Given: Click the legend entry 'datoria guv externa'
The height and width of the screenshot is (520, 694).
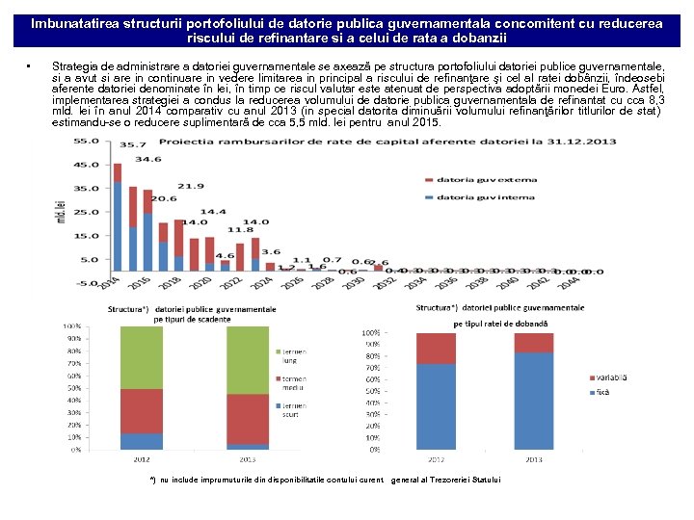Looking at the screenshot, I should click(x=472, y=179).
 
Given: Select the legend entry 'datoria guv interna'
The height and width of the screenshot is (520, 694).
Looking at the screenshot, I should click(x=472, y=197).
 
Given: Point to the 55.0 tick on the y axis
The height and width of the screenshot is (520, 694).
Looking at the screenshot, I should click(x=86, y=141).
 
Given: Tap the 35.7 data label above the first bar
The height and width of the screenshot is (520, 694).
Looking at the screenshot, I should click(x=119, y=145).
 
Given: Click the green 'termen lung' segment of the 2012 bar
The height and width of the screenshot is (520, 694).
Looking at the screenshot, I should click(x=141, y=357).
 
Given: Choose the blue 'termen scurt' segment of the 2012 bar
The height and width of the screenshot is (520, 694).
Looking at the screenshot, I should click(x=141, y=441).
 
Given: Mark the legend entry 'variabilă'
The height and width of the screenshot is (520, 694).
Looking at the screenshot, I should click(x=609, y=378).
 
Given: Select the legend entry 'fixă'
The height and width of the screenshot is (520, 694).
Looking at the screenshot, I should click(x=604, y=393).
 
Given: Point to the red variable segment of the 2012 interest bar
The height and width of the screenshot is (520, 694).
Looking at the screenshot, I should click(x=436, y=348).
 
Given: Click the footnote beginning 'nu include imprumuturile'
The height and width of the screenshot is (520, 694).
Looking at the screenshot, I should click(x=328, y=480).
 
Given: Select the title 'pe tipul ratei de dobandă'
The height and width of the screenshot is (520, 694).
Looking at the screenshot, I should click(x=499, y=325).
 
